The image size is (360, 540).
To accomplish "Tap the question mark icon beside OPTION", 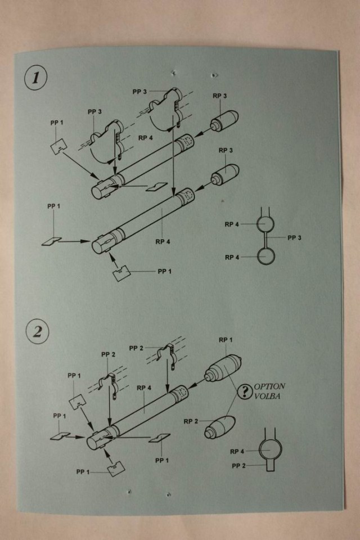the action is (244, 393).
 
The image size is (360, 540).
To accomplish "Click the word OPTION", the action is (270, 388).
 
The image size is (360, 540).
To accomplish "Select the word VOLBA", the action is (269, 397).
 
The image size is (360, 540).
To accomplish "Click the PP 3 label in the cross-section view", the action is (295, 237).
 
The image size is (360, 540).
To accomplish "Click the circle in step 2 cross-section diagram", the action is (269, 449).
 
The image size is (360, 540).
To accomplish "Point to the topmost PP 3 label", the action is (140, 91).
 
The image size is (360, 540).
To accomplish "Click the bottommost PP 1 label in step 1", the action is (165, 271).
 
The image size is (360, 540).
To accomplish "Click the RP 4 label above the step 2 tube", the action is (144, 387).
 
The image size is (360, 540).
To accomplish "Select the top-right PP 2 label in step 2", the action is (136, 348).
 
